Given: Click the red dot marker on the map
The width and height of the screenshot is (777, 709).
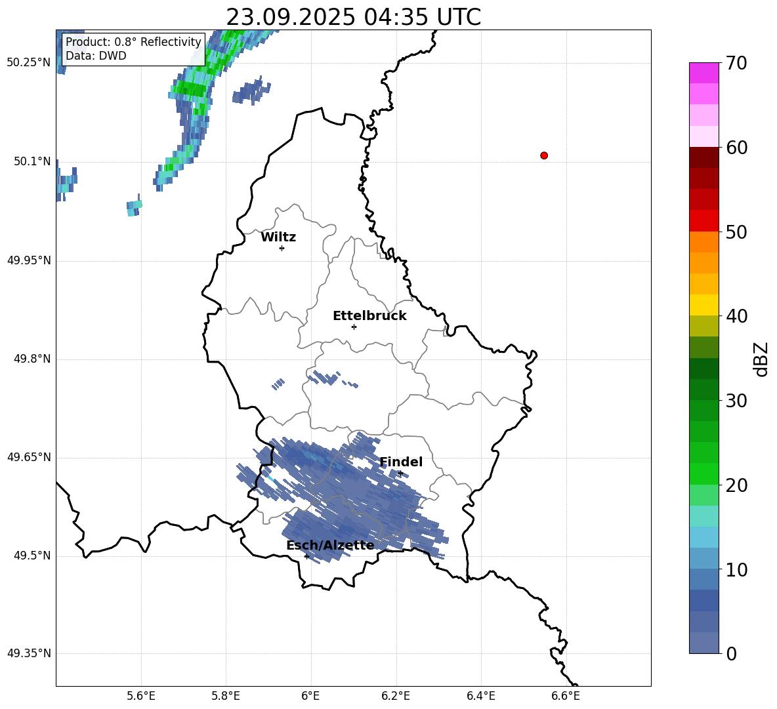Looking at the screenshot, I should click(x=543, y=155).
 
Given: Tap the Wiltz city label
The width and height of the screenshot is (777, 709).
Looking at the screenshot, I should click(x=278, y=237).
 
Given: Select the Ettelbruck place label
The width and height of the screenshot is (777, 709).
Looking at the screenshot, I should click(x=369, y=316).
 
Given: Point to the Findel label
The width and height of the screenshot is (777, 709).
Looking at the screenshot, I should click(x=401, y=462).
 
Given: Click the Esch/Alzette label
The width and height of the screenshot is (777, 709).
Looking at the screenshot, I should click(x=330, y=546).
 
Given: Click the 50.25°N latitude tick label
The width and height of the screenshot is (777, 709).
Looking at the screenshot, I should click(x=28, y=63).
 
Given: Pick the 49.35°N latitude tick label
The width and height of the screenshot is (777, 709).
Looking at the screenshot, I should click(x=28, y=653).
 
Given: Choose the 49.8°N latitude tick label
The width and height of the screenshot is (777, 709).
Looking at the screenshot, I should click(x=31, y=359).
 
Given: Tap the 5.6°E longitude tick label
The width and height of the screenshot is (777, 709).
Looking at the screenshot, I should click(x=141, y=696).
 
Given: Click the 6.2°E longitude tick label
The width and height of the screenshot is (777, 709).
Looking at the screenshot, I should click(x=396, y=696).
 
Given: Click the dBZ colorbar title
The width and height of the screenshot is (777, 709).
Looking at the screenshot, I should click(x=761, y=359).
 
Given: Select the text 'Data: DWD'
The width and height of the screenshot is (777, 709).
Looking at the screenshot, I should click(x=96, y=56).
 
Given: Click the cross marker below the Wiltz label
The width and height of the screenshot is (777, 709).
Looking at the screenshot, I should click(x=282, y=248).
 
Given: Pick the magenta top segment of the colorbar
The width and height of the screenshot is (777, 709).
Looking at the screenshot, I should click(x=704, y=72).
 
